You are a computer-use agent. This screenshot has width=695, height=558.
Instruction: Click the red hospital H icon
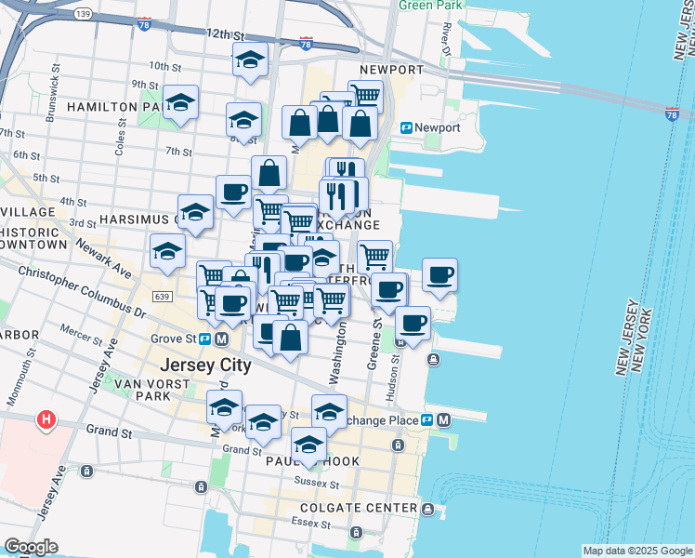45,420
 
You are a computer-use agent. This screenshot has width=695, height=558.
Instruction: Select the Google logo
31,547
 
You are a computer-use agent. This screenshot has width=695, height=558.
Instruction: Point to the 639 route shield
162,295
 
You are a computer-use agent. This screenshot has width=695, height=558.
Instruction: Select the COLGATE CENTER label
358,508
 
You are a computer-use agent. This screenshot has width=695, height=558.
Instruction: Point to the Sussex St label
312,483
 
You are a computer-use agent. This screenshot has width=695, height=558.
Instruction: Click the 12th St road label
225,34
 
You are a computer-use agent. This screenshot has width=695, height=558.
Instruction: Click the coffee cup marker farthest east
440,274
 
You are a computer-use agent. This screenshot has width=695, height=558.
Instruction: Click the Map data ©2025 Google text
636,551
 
